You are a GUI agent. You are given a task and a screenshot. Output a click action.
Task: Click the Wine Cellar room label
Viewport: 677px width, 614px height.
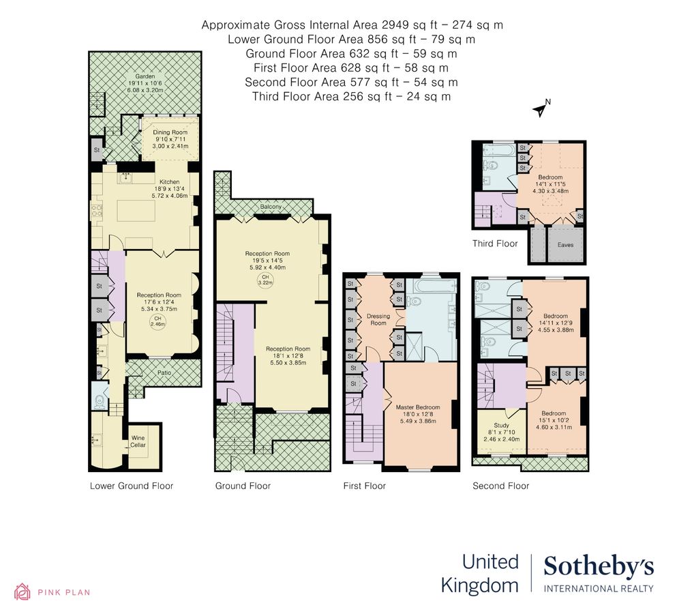(138, 441)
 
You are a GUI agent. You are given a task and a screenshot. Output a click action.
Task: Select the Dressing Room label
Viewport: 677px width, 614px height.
(378, 319)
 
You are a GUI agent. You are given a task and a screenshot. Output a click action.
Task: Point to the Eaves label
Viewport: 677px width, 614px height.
(566, 244)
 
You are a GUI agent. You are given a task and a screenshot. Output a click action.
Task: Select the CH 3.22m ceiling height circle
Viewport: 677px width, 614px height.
(263, 279)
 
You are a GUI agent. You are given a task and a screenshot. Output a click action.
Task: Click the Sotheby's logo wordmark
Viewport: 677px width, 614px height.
(598, 566)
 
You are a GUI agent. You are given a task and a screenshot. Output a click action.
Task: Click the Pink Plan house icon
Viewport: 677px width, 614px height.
(22, 591)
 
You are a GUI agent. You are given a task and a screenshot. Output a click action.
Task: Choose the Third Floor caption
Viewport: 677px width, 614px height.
(495, 244)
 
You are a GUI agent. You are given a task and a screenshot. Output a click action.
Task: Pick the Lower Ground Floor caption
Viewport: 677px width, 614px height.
(132, 486)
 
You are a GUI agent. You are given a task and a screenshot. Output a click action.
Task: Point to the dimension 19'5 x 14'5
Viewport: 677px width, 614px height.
(268, 261)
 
